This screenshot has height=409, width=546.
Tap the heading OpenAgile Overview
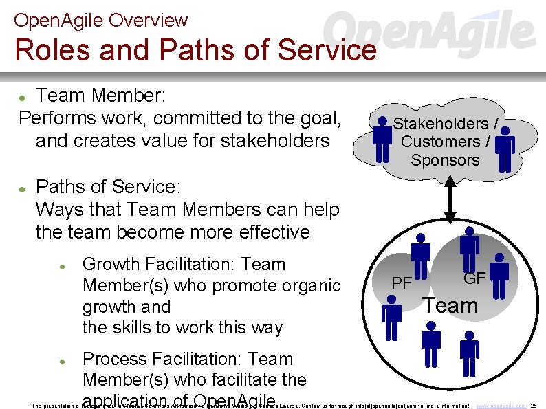pos(100,20)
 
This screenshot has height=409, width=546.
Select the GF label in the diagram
pos(474,278)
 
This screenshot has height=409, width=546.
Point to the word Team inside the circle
pos(450,305)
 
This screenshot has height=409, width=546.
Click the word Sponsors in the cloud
pos(445,160)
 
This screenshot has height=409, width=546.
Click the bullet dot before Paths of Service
pos(23,188)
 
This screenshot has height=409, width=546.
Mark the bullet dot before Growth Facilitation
pos(62,265)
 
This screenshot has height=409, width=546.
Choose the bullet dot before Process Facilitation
pos(62,360)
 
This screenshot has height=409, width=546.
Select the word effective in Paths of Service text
pos(268,232)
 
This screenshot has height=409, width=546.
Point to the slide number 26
pos(534,406)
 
